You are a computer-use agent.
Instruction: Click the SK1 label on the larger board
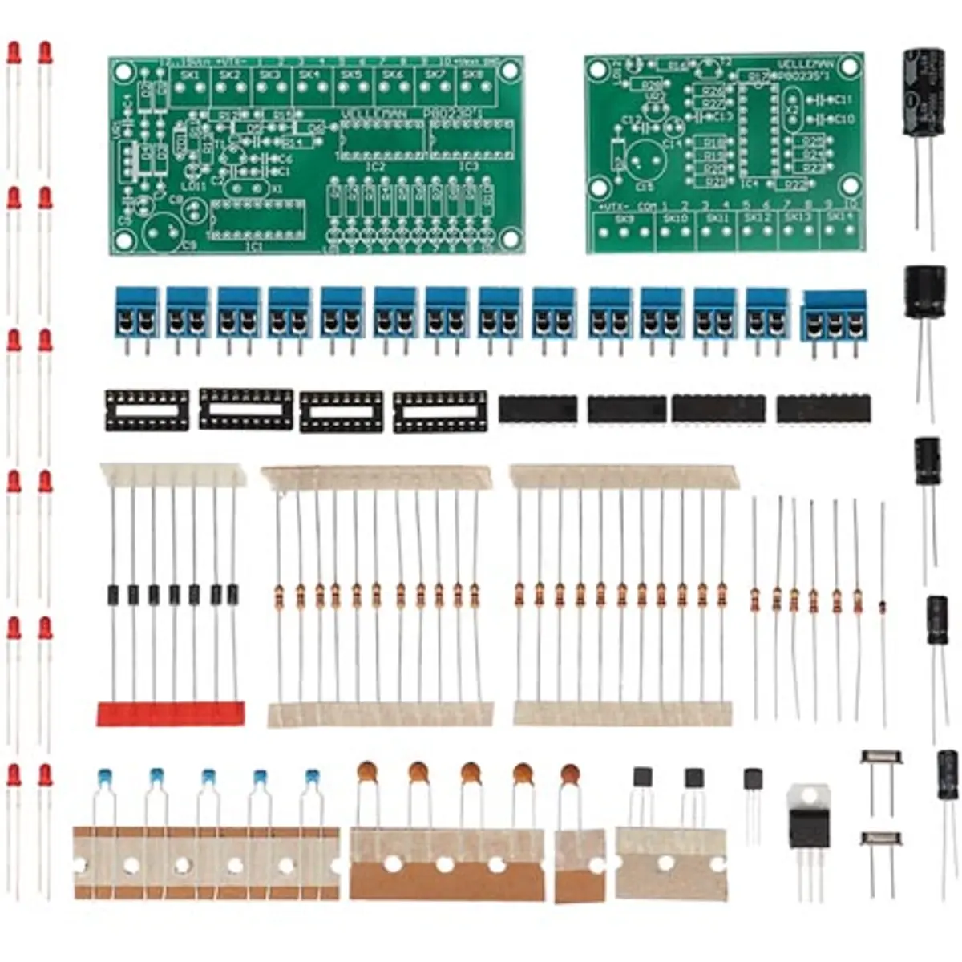(x=190, y=75)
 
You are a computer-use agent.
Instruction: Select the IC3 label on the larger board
(x=470, y=167)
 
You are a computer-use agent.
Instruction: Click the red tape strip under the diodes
(x=170, y=713)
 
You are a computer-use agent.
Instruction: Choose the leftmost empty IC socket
(x=147, y=410)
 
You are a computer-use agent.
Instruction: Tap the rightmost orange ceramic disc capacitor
(x=570, y=774)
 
